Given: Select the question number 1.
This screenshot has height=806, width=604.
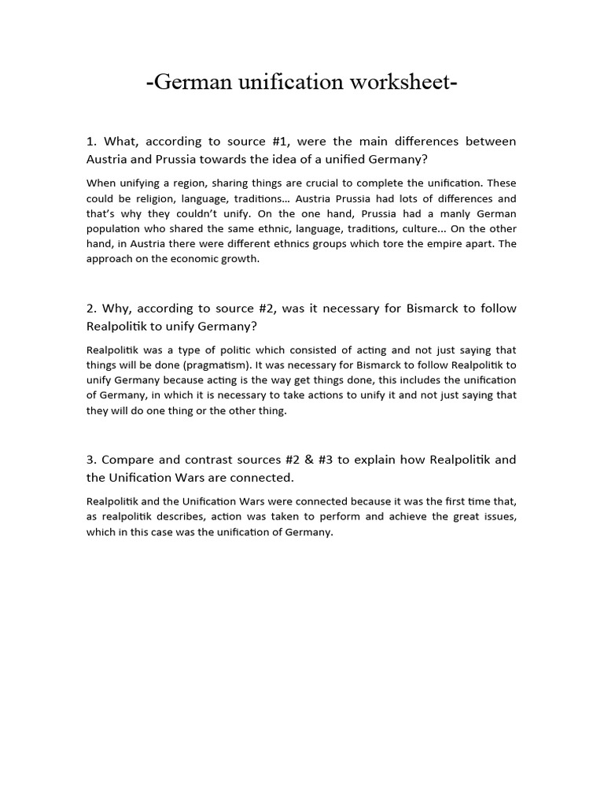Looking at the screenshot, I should (x=90, y=142).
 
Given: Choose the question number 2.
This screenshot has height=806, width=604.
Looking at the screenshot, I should (x=90, y=309).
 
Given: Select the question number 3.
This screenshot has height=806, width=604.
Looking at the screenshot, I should (x=90, y=460).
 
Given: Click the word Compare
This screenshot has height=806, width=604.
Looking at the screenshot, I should (x=127, y=460).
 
